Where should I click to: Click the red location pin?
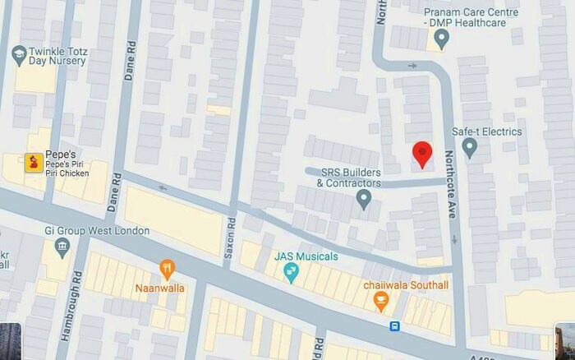(422, 154)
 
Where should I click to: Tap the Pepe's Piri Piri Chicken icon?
(34, 162)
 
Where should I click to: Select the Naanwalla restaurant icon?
(167, 268)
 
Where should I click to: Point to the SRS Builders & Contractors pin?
(364, 199)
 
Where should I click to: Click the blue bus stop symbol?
(395, 326)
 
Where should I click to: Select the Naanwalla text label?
(159, 288)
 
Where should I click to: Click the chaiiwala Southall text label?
(406, 285)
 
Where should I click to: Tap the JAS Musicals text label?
(306, 257)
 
